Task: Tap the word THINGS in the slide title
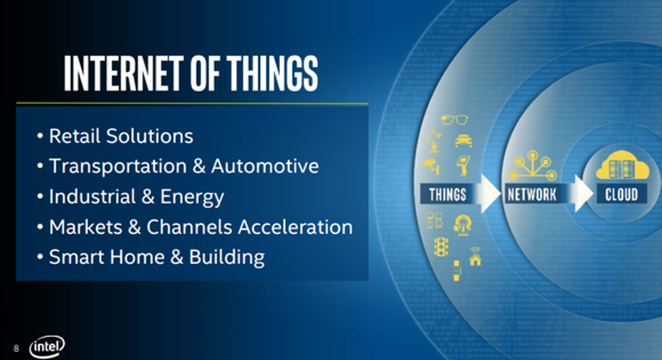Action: coord(272,73)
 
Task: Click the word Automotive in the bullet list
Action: coord(265,166)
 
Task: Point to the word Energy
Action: coord(192,197)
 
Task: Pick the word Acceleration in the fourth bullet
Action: coord(295,227)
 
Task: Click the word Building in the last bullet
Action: coord(227,258)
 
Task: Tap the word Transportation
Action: coord(118,166)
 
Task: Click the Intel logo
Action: coord(47,347)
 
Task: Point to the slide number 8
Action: coord(16,348)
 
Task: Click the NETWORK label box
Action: coord(532,194)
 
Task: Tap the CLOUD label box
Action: coord(621,194)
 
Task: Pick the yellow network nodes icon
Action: coord(533,166)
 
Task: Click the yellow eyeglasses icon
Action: coord(454,120)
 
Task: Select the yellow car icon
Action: coord(463,141)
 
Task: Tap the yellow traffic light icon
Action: coord(441,246)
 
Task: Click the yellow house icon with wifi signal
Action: coord(475,256)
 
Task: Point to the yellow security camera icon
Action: coord(431,166)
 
